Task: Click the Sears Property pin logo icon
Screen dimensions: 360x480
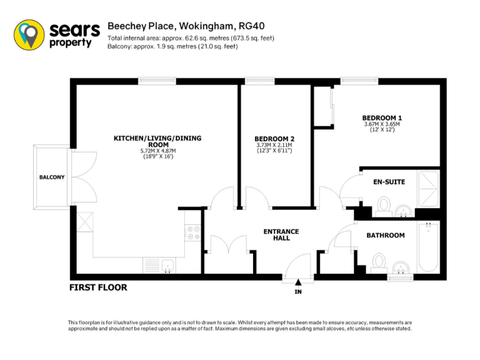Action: pos(29,34)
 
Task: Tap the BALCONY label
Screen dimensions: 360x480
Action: pos(52,177)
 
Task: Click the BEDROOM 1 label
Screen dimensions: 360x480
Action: pos(382,117)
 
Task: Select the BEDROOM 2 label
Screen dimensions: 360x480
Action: pos(274,138)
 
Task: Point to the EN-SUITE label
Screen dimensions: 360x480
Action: pos(389,182)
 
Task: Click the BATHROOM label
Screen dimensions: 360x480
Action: pos(385,236)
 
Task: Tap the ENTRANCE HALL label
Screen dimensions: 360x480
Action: pos(281,234)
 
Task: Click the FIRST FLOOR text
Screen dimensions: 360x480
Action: pos(98,287)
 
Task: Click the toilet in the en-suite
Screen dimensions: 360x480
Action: pos(384,205)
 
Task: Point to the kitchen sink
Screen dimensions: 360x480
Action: pos(166,267)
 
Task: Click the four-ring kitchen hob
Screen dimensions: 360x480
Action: pos(193,232)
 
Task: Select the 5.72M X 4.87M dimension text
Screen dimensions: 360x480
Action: pos(157,151)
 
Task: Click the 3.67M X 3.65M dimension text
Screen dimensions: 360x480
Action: pos(382,124)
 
